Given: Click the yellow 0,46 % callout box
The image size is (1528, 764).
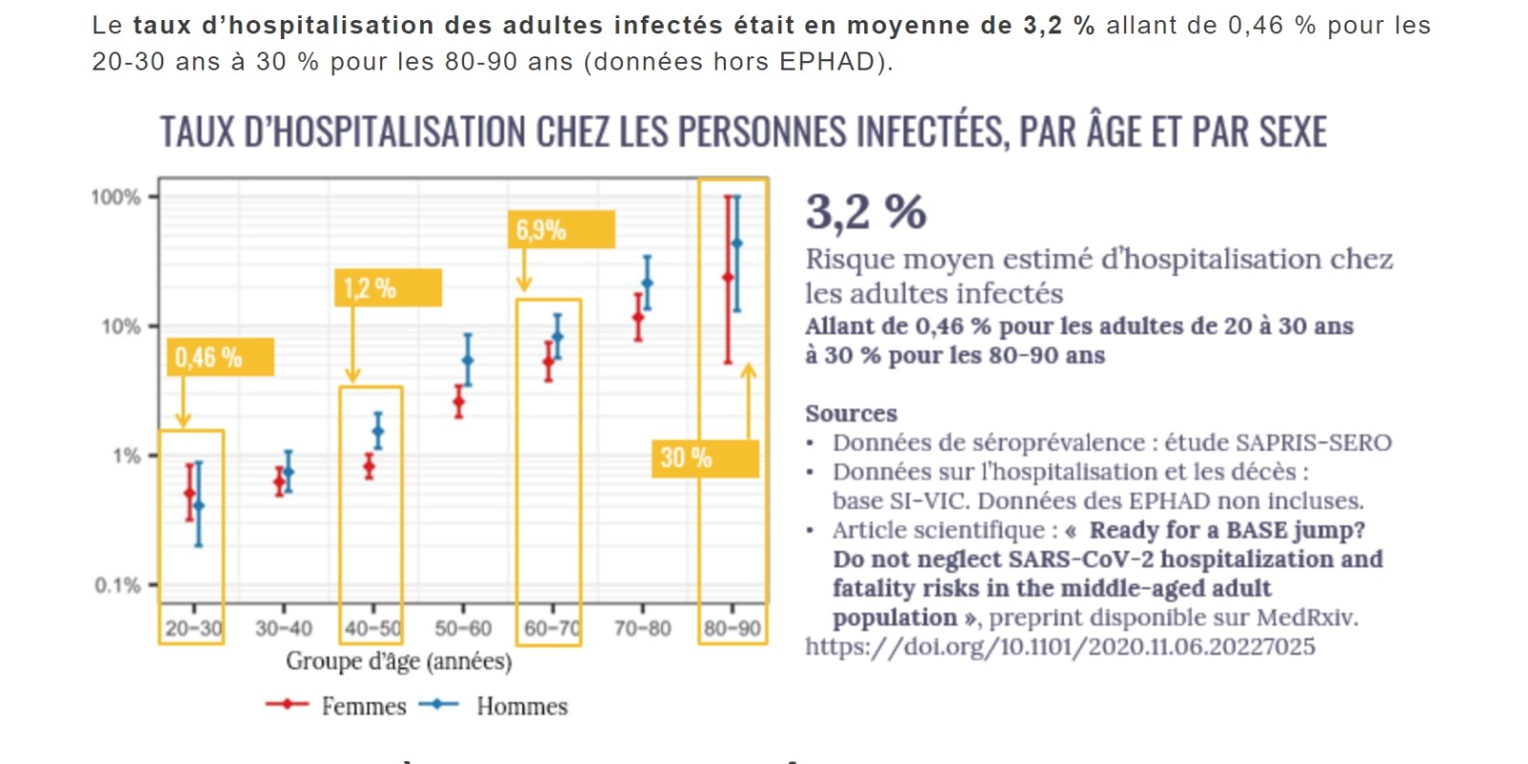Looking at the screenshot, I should [220, 357].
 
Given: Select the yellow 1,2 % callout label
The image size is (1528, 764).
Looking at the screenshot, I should [388, 288].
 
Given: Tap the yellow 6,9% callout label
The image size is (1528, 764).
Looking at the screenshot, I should [561, 230].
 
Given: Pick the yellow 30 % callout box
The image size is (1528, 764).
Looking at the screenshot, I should [705, 458].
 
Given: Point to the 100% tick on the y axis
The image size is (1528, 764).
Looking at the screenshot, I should [116, 198].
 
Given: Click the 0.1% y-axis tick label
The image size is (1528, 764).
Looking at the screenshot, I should [117, 585].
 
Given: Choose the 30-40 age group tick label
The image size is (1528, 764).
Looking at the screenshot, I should [284, 628].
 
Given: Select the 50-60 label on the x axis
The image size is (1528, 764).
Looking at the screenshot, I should [463, 628].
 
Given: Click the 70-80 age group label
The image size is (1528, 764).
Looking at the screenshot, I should [643, 628].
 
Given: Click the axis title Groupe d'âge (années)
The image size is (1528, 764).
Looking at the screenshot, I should [399, 661].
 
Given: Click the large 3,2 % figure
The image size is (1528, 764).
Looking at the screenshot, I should [865, 212].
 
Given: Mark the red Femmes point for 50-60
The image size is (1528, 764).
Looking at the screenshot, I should [459, 401].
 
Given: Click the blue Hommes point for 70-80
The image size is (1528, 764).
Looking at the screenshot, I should [647, 283].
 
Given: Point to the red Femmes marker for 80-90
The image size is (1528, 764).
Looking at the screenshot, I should [728, 277].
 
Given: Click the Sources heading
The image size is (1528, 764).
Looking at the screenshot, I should [851, 414].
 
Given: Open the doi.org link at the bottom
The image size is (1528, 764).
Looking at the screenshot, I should [1060, 647].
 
